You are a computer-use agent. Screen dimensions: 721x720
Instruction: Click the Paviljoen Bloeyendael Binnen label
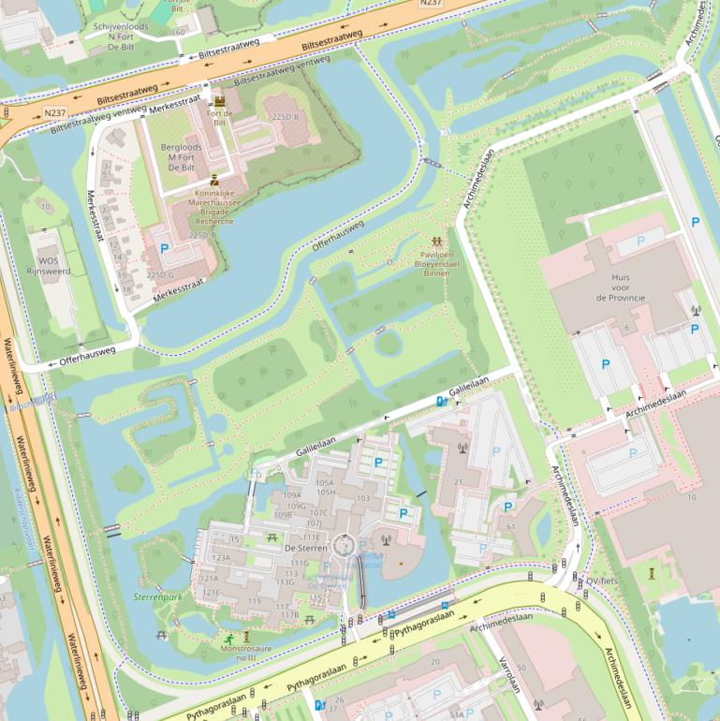(437, 263)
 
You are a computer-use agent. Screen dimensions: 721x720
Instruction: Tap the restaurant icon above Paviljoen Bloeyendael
(436, 242)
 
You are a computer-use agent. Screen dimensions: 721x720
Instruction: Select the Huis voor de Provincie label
(621, 287)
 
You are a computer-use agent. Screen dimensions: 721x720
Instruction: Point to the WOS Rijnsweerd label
(48, 267)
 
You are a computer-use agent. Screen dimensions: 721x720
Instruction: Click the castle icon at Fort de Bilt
(219, 101)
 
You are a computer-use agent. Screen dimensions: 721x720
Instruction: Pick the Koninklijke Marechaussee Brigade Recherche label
(215, 206)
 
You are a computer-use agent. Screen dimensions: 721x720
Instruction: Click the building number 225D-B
(285, 117)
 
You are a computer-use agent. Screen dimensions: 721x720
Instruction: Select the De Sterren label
(304, 549)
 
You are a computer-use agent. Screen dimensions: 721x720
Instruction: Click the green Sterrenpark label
(157, 596)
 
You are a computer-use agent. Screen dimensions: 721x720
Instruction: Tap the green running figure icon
(228, 640)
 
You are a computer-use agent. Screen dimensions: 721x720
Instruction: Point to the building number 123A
(220, 557)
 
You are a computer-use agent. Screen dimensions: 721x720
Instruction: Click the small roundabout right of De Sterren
(345, 544)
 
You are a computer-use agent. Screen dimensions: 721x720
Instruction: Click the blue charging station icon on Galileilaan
(441, 402)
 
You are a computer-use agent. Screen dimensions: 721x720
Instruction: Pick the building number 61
(511, 527)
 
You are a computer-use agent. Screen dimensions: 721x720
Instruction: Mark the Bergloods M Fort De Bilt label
(182, 153)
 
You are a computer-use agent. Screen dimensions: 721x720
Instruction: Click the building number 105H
(326, 493)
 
